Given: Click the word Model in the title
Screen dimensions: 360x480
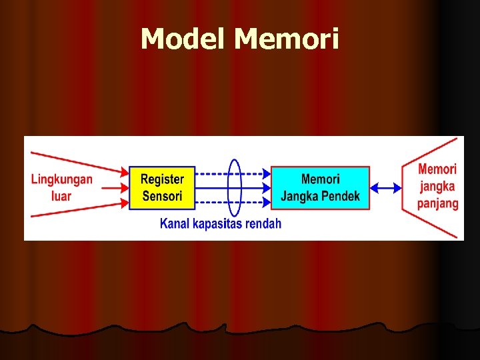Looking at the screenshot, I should pos(185,39).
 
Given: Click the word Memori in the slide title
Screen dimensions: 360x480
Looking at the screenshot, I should pos(287,39).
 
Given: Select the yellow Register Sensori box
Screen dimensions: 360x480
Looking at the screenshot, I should pos(162,188).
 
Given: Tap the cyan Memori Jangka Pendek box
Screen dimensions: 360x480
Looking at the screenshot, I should pos(320,188).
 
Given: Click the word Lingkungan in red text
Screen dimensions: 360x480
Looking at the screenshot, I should pos(62,179).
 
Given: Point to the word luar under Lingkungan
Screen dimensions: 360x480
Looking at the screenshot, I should pos(61,196).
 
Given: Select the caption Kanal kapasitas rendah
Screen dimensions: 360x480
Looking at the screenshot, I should pos(221,224).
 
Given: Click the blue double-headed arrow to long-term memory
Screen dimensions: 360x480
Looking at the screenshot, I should pos(386,189).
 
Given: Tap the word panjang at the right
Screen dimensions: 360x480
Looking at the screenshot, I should pos(438,203).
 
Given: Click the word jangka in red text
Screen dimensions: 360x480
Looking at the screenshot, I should pos(437,187).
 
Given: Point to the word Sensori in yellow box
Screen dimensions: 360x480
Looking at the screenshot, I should pos(162,196).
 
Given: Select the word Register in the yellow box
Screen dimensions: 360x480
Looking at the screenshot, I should pos(162,179).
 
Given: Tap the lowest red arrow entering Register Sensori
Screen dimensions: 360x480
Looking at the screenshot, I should pos(80,212).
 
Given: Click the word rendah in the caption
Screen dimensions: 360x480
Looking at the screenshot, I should pos(263,224).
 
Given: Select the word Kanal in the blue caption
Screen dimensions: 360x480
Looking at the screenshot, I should pos(175,224).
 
